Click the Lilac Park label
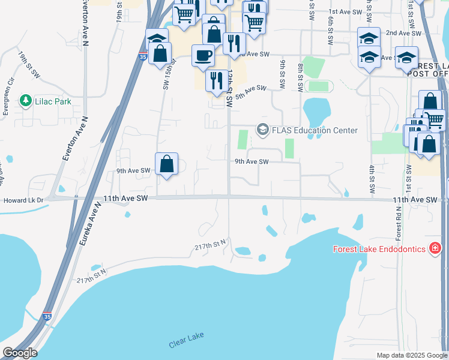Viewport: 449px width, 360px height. tap(53, 101)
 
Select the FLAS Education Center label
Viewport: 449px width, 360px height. tap(315, 130)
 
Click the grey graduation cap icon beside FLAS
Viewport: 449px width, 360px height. tap(262, 130)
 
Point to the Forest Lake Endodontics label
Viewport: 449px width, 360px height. tap(379, 248)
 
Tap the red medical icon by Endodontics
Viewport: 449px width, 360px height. tap(435, 248)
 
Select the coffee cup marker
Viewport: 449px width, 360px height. tap(203, 55)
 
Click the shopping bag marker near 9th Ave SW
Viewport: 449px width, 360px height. tap(166, 164)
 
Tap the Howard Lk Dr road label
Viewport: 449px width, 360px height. tap(23, 201)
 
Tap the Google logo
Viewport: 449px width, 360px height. tap(19, 353)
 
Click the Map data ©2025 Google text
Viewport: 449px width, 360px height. tap(411, 355)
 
